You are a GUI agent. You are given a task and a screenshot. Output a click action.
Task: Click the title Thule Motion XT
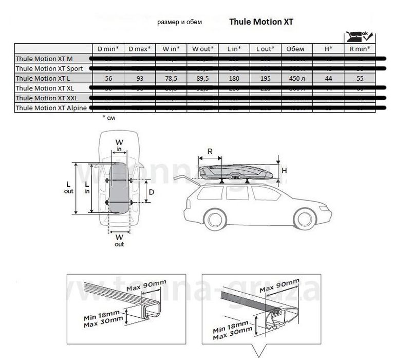click(261, 22)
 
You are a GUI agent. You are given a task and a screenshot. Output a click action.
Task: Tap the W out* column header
click(202, 48)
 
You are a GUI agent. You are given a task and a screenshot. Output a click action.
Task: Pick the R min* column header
click(359, 48)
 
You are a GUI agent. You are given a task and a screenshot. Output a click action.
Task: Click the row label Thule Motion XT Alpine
click(51, 107)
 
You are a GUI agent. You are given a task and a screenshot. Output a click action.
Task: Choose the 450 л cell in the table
click(296, 78)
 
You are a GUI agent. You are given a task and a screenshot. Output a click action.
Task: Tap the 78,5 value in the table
click(171, 78)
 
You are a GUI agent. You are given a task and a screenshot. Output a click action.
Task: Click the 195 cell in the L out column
click(265, 78)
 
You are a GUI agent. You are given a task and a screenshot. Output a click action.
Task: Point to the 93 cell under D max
click(140, 78)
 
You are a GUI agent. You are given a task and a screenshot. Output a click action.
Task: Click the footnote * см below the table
click(109, 118)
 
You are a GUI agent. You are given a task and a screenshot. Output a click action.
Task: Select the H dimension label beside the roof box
click(284, 170)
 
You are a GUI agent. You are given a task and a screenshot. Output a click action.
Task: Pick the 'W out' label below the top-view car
click(119, 240)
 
